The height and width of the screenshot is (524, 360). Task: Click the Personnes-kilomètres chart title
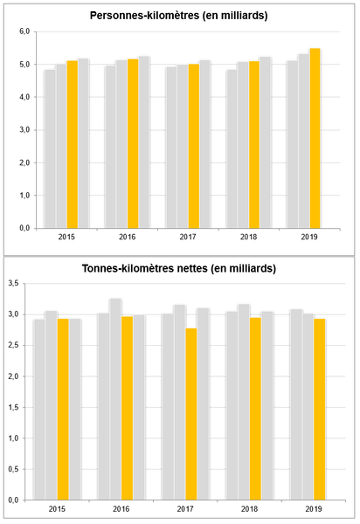(179, 16)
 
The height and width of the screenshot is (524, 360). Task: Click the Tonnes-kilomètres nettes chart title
(179, 269)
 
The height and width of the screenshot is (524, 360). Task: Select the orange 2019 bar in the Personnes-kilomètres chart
(315, 138)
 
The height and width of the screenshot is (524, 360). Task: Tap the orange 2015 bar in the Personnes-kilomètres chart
(73, 144)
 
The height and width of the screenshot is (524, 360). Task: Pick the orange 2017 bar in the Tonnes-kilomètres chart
(191, 414)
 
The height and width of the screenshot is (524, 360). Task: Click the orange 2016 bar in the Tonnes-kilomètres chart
(127, 408)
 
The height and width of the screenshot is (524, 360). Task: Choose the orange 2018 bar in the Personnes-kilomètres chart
(254, 145)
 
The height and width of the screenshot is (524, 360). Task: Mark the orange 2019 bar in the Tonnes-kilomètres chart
(320, 410)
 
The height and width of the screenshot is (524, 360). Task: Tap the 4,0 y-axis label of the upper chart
(24, 97)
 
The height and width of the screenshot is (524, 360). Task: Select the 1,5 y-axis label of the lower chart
(14, 407)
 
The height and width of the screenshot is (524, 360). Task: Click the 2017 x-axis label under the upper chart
(188, 237)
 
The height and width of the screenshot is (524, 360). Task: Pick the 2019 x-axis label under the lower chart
(314, 509)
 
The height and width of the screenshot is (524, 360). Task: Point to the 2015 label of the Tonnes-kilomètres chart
(57, 509)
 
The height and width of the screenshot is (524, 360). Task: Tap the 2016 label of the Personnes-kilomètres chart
(128, 237)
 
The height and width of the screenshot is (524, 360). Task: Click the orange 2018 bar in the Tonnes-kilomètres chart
(255, 409)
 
